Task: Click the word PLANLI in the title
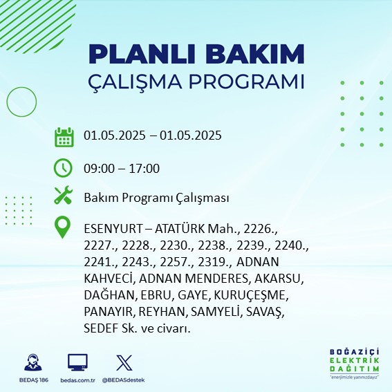[x=142, y=55]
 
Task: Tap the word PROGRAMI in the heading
[x=247, y=82]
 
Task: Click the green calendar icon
[x=64, y=137]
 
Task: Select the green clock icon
[x=63, y=168]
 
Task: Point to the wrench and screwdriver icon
[x=64, y=195]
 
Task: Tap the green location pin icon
[x=62, y=227]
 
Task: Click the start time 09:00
[x=100, y=169]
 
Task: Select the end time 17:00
[x=144, y=169]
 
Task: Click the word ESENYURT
[x=113, y=229]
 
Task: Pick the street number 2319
[x=214, y=262]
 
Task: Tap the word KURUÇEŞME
[x=251, y=295]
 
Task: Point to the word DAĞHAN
[x=110, y=295]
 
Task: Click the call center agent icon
[x=33, y=362]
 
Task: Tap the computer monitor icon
[x=77, y=362]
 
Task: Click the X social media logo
[x=124, y=362]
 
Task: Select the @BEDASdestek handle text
[x=123, y=380]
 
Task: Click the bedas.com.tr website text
[x=77, y=380]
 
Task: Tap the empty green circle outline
[x=7, y=102]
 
